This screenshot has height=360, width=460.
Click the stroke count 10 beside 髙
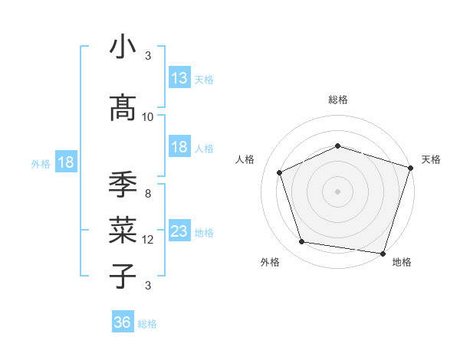148,117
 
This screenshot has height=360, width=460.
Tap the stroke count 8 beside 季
148,193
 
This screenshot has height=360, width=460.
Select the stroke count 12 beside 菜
148,240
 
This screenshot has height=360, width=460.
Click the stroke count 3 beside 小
148,56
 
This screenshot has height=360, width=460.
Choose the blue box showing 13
179,78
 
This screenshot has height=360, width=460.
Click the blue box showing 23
179,231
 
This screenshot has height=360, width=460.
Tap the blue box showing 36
123,322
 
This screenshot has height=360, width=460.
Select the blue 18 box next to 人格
179,147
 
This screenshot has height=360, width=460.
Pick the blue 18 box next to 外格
65,162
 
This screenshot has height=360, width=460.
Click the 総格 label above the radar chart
337,100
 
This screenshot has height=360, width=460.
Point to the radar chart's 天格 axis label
431,159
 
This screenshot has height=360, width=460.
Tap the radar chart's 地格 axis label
402,262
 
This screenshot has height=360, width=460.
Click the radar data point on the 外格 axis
302,242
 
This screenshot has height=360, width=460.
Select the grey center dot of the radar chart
337,191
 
